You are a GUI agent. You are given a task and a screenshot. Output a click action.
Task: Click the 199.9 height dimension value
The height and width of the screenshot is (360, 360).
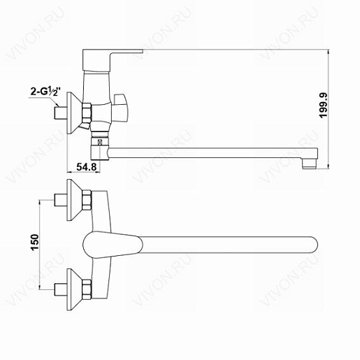(324, 106)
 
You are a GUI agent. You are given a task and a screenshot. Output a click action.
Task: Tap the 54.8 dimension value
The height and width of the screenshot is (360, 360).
(87, 167)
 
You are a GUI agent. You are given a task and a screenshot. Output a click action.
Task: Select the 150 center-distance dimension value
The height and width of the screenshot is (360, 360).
(34, 243)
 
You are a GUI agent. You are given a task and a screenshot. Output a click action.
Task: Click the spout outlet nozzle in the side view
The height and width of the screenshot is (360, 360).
(309, 164)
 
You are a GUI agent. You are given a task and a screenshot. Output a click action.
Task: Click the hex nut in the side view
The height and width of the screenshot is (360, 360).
(86, 113)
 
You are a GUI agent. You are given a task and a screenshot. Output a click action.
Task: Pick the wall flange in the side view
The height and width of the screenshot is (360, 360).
(74, 113)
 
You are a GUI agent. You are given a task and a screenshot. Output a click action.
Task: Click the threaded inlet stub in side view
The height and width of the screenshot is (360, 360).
(61, 113)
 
